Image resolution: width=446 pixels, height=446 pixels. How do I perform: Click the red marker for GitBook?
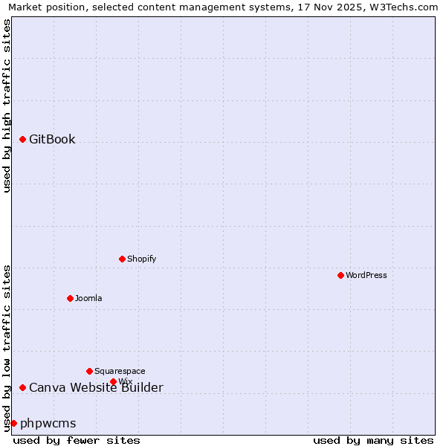click(x=23, y=140)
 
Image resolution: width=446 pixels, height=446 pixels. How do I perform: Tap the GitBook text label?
click(x=52, y=140)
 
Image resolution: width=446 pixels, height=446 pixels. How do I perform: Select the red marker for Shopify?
click(x=123, y=259)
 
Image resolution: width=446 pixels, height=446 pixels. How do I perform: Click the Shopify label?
click(x=141, y=259)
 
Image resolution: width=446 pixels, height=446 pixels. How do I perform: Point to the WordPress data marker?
click(x=341, y=275)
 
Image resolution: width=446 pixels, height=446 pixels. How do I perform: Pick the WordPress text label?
click(x=366, y=275)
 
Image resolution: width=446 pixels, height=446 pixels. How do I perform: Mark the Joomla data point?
click(x=71, y=298)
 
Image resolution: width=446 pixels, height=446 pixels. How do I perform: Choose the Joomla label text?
click(x=88, y=298)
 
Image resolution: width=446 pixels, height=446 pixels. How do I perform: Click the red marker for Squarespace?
click(x=90, y=371)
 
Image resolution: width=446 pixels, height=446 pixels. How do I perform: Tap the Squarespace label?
click(x=120, y=371)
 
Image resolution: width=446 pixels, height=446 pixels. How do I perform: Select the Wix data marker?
click(x=114, y=382)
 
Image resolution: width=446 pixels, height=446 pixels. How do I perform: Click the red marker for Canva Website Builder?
click(x=23, y=387)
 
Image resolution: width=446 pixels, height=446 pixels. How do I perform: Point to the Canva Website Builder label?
click(x=96, y=387)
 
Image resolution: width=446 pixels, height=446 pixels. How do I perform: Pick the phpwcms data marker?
click(x=13, y=423)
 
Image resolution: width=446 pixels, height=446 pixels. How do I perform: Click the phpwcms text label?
click(x=48, y=423)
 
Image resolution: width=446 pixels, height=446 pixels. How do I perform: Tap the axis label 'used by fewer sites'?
click(x=77, y=440)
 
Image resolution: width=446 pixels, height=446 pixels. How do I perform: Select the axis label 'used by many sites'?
click(x=373, y=440)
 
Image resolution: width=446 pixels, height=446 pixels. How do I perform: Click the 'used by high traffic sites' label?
click(x=7, y=106)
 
